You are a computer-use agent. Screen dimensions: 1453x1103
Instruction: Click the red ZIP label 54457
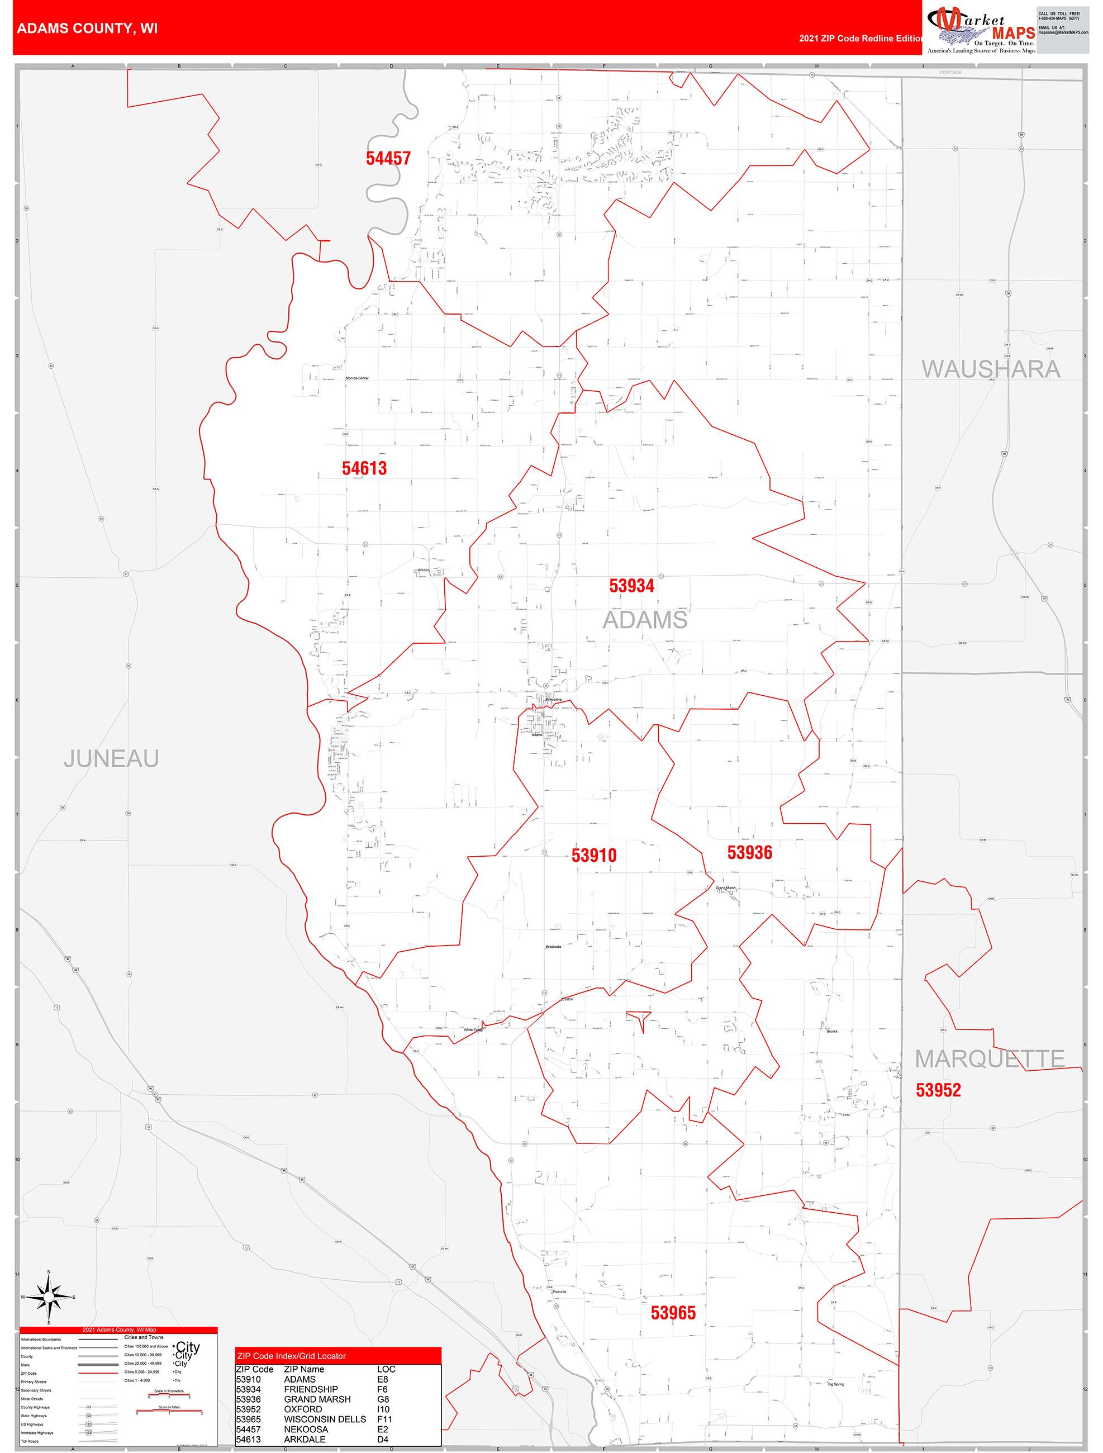388,158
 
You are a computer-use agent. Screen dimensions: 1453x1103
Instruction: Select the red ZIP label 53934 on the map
631,586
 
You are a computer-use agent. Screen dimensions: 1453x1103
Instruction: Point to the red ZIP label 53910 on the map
594,855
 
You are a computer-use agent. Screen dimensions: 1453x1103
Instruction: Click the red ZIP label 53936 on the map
749,853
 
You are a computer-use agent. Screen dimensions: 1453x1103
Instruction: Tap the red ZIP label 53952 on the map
938,1090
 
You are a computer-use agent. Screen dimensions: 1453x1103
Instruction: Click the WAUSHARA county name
991,369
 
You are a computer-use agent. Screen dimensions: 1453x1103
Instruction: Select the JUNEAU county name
111,759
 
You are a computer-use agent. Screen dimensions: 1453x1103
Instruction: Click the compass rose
49,1297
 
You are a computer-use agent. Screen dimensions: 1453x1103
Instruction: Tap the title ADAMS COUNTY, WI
87,29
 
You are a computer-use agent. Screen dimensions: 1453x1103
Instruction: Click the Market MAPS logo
980,30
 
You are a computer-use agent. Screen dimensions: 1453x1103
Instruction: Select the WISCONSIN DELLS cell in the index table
325,1419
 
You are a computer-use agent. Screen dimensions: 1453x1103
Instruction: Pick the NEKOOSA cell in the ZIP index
306,1429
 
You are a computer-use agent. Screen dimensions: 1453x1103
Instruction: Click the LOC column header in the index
386,1369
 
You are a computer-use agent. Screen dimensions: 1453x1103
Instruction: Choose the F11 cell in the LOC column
384,1419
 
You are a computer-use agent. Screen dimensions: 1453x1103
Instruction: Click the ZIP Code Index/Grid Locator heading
291,1356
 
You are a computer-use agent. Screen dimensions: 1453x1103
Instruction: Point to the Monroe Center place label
358,378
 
